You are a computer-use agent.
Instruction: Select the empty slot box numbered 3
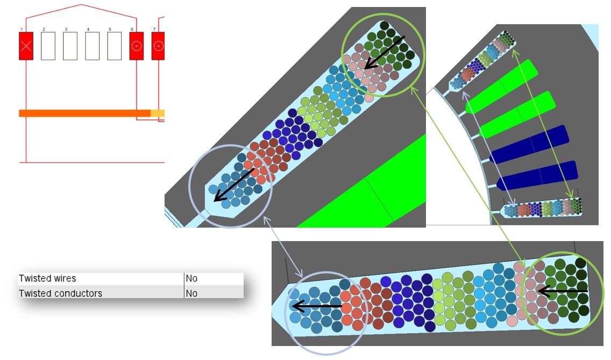pos(70,46)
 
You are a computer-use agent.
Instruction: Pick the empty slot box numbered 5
pos(114,46)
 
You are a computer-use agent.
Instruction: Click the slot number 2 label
pos(44,29)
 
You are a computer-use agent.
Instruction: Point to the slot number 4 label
pos(88,29)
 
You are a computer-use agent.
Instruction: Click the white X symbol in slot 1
pos(26,46)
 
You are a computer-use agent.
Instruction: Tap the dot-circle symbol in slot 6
pos(137,46)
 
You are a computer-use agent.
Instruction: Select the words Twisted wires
pos(47,279)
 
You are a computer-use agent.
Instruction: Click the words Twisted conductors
pos(60,293)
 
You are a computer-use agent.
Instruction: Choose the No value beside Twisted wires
pos(191,279)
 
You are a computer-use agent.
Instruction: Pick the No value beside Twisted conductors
pos(191,293)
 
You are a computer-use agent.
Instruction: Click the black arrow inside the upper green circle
pos(384,53)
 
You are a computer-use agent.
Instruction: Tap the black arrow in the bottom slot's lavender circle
pos(317,307)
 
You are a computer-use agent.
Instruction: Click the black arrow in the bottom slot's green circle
pos(562,292)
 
